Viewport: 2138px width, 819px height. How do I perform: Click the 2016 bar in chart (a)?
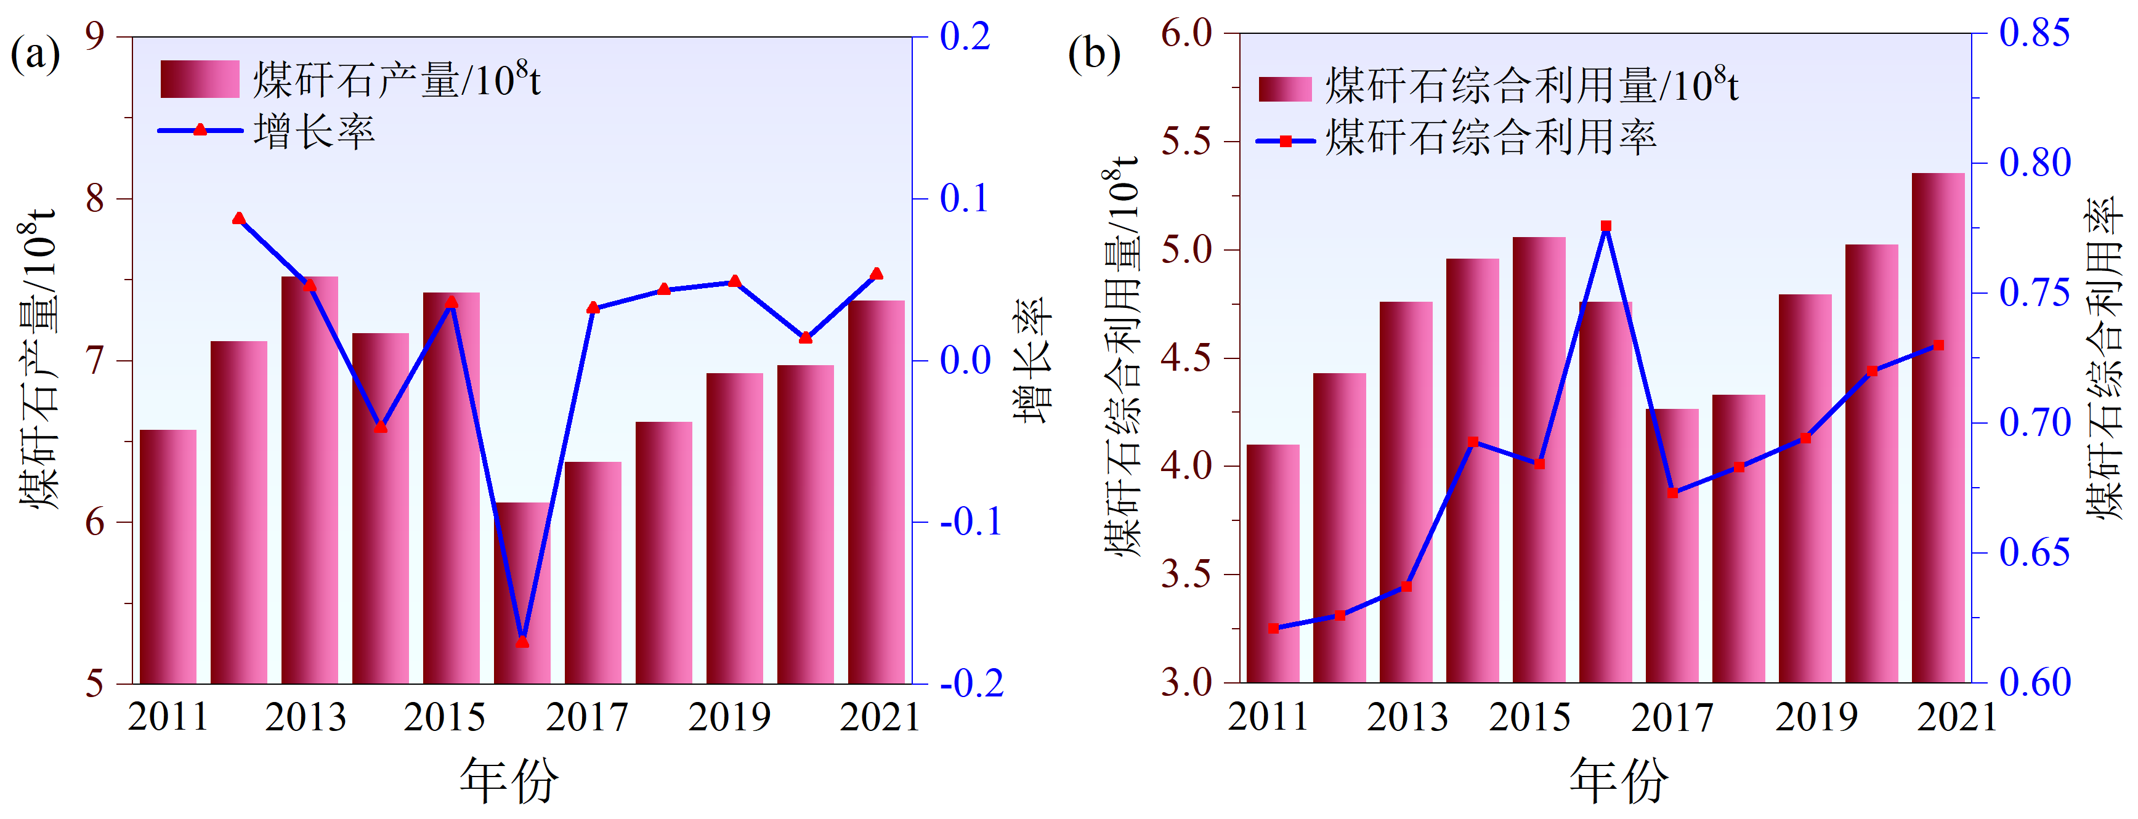pos(522,593)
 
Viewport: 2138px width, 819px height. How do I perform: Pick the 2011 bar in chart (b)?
pos(1273,564)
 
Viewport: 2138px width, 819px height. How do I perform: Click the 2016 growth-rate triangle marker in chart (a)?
pos(522,642)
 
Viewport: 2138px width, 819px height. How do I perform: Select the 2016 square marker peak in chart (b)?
pos(1606,226)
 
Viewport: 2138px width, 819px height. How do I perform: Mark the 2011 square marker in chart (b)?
pos(1273,629)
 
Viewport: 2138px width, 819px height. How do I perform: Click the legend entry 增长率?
pos(314,132)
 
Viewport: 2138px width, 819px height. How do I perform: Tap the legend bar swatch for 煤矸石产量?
pos(199,79)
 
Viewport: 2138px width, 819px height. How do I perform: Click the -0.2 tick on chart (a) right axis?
pos(971,684)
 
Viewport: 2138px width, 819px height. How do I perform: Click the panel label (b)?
pos(1093,55)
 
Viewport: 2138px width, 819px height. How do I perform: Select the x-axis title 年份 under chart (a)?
pos(509,781)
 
